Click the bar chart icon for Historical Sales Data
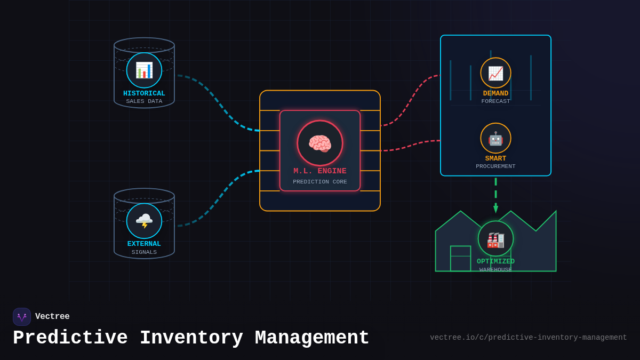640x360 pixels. (144, 70)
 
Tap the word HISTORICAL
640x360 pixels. (144, 93)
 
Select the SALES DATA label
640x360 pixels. (144, 101)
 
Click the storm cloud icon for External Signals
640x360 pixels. (144, 220)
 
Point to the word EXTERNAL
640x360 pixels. (144, 244)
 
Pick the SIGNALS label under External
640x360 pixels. (144, 252)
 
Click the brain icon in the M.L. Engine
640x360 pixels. (320, 143)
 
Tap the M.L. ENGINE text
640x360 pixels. (320, 171)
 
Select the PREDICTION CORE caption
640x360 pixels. (320, 182)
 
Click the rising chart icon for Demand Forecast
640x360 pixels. (495, 73)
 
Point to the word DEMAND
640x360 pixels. (495, 93)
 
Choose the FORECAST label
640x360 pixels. (495, 101)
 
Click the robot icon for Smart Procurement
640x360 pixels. (495, 138)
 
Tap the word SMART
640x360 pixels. (495, 158)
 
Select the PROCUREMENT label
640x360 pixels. (495, 166)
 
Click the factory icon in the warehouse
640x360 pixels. (495, 239)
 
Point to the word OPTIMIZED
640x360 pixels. (495, 261)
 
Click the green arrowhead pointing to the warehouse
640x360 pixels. (495, 209)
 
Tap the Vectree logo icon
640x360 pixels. (22, 317)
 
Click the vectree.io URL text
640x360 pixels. (528, 338)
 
